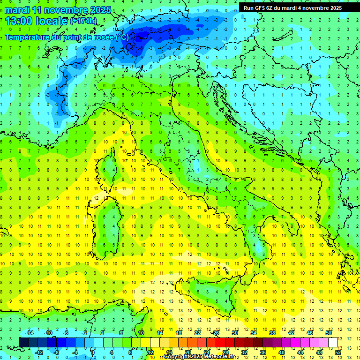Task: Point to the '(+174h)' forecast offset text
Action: coord(83,21)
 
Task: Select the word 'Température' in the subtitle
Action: coord(28,37)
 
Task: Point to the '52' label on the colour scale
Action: coord(338,352)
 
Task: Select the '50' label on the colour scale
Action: coord(329,333)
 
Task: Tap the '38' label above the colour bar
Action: coord(272,333)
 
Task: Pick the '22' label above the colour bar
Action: coord(197,333)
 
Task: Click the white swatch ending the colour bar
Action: coord(333,342)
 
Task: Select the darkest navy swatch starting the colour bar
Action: coord(24,342)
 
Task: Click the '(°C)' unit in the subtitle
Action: coord(121,37)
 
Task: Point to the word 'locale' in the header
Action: coord(52,21)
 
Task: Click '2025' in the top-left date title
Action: coord(100,9)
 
